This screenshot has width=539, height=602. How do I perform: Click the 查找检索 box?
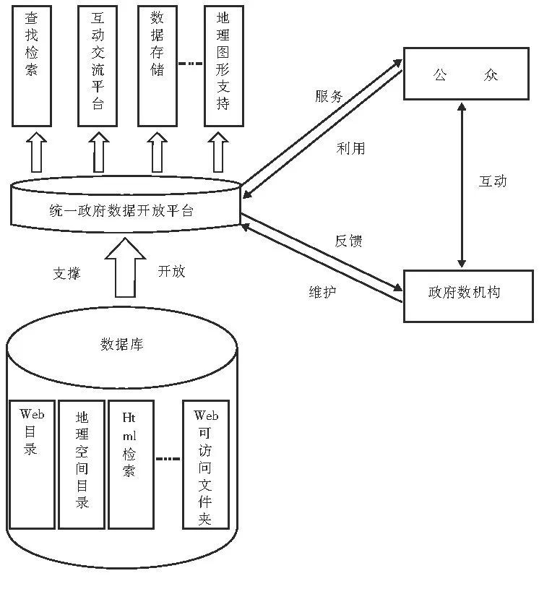click(32, 65)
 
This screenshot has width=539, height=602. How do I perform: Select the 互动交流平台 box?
click(98, 65)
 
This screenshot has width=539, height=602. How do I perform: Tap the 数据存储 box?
click(158, 65)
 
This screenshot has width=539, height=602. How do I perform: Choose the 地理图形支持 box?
click(223, 65)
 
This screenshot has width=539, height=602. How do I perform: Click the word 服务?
click(328, 97)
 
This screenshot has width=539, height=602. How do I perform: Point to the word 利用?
click(350, 149)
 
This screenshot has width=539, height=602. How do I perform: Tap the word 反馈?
click(348, 241)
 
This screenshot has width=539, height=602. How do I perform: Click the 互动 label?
click(493, 181)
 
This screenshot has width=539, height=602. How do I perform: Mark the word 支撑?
click(66, 273)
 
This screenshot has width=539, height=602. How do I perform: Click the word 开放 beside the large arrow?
click(172, 271)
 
